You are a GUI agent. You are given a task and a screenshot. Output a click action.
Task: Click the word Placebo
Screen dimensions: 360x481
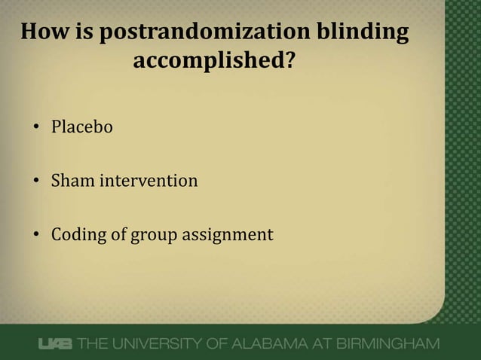coord(81,127)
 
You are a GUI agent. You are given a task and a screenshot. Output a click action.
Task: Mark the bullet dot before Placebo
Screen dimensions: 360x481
coord(35,128)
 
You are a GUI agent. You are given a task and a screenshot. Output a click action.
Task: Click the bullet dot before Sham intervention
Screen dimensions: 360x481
coord(35,182)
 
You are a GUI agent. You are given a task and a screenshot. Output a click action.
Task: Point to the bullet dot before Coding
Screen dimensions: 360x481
coord(35,235)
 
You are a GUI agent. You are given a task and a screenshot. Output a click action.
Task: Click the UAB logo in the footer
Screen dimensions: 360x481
coord(55,344)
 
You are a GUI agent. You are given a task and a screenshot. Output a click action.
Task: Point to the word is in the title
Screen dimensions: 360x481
coord(87,33)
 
